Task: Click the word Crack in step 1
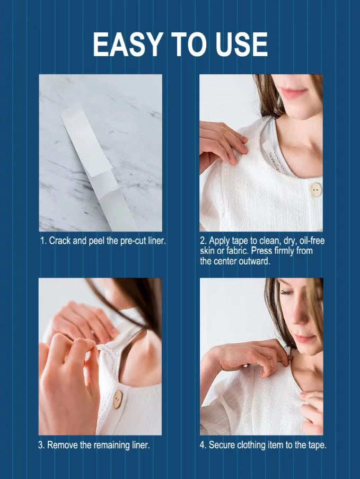point(60,241)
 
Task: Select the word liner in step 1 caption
point(157,241)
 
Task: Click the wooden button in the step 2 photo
point(315,190)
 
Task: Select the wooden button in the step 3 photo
point(117,400)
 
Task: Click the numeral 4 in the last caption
point(203,445)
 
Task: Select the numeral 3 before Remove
point(41,445)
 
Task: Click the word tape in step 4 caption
point(317,445)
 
